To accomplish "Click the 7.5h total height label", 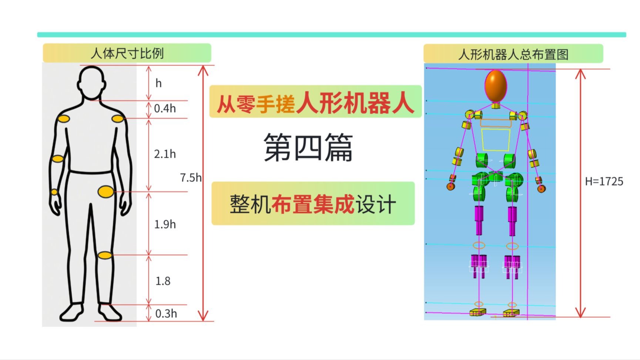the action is coord(191,177).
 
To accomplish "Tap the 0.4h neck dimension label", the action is coord(165,109).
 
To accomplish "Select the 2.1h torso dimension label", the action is coord(165,154).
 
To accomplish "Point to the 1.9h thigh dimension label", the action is coord(165,224).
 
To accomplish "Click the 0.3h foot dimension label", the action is coord(166,314).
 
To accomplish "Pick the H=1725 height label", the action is coord(604,181).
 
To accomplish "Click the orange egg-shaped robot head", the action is coord(496,86).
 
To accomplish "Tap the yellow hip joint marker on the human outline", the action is coord(105,191).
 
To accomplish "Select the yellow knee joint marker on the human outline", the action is coord(105,255).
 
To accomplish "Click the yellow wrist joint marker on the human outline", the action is coord(54,192).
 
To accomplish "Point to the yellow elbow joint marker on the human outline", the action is coord(57,159).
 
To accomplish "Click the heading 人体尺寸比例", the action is coord(127,53).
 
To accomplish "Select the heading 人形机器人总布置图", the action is coord(513,54).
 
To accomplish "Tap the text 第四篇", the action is coord(308,147).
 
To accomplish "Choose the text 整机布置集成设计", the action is coord(313,204).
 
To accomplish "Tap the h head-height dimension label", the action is coord(158,83).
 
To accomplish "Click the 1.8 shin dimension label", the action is coord(163,281).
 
